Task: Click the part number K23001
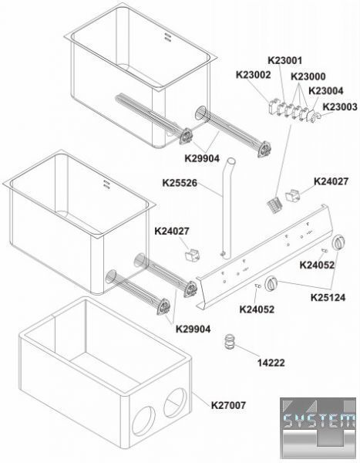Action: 284,60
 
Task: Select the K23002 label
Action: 253,75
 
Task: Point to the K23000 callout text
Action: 308,76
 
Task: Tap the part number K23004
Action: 326,90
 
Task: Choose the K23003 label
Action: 340,106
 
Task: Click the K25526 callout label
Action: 180,183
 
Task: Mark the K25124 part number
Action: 328,297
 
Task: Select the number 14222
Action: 271,363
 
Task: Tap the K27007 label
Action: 228,405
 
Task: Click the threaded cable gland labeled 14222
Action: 229,342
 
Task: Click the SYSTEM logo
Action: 318,428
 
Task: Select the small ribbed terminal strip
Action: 274,204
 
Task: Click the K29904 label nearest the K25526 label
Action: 202,158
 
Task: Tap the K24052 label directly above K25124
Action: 317,265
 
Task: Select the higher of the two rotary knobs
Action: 339,243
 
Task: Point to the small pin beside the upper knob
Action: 325,251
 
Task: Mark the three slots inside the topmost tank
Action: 167,36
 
